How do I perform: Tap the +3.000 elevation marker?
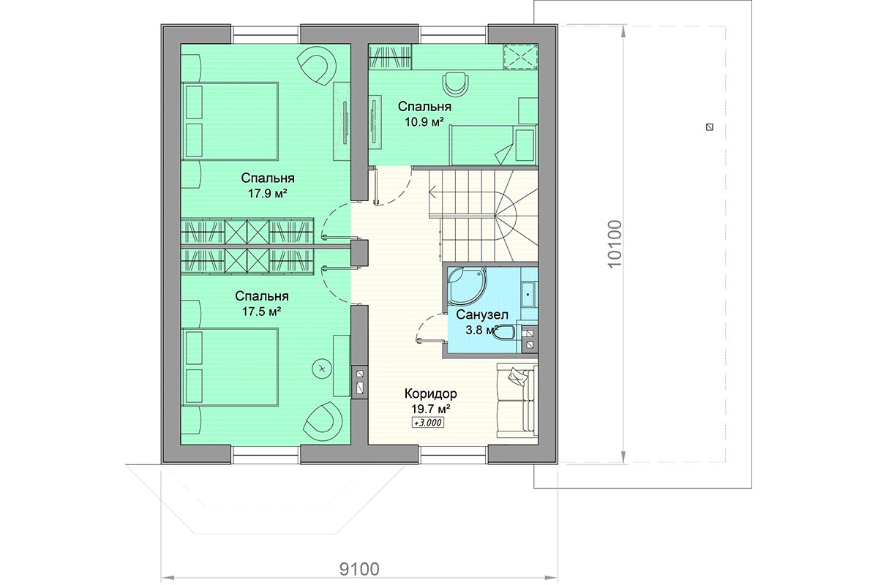[x=427, y=423]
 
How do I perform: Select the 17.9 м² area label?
[x=268, y=193]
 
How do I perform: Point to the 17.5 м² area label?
[x=262, y=312]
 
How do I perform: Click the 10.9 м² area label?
[x=424, y=122]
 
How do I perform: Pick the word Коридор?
[x=431, y=393]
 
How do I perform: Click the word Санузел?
[x=482, y=314]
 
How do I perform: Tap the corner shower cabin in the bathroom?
[x=467, y=286]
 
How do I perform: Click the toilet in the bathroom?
[x=504, y=333]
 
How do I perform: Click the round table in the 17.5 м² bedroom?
[x=322, y=369]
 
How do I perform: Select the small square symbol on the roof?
[x=710, y=127]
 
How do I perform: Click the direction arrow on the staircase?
[x=433, y=192]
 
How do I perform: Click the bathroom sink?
[x=529, y=293]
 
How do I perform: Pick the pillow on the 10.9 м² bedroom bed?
[x=504, y=154]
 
